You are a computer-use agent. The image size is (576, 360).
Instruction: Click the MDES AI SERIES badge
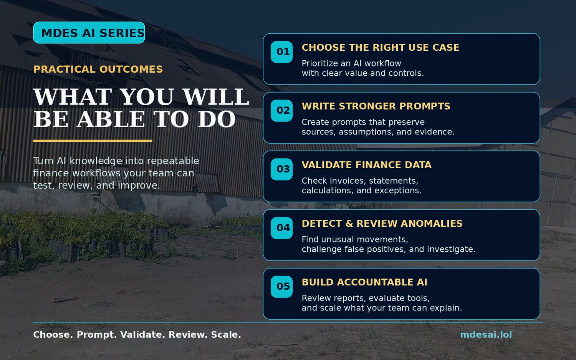point(89,33)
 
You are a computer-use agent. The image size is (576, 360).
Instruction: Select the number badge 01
point(281,52)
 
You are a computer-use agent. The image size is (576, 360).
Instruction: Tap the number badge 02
point(281,111)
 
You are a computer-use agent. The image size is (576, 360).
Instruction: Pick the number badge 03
point(281,169)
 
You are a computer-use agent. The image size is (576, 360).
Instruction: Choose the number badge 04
point(281,228)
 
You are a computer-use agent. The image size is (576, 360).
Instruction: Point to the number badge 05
point(281,287)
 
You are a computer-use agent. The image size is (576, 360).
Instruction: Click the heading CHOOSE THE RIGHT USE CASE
point(380,48)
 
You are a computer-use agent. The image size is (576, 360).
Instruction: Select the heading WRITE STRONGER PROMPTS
point(376,106)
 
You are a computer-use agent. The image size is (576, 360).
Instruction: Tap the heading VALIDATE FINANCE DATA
point(366,165)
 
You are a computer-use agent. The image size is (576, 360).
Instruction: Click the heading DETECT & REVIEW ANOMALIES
point(382,224)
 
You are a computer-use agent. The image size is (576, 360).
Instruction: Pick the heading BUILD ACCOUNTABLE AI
point(364,282)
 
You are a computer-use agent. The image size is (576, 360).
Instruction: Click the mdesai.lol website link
point(486,335)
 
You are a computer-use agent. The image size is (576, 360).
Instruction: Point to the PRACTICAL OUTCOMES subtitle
point(98,70)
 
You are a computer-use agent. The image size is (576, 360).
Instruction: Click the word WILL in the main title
point(216,97)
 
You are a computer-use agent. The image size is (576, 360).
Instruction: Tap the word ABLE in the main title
point(111,119)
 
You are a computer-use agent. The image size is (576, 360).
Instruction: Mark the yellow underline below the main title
point(93,141)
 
